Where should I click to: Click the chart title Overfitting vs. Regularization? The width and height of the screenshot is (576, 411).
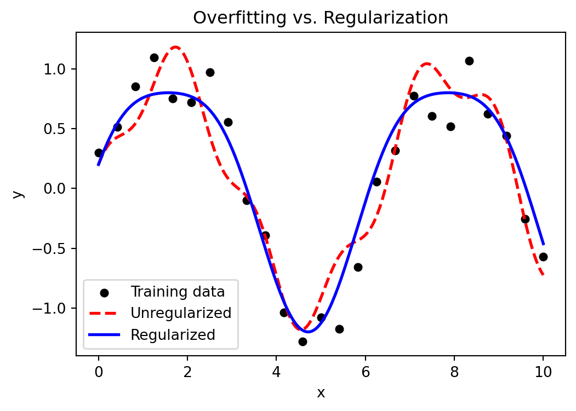tap(321, 18)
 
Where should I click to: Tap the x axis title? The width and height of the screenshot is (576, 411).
tap(321, 393)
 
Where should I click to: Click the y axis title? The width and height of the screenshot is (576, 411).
tap(18, 194)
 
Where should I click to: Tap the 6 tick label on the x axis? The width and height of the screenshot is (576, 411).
tap(365, 371)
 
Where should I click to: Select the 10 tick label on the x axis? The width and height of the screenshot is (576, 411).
tap(543, 371)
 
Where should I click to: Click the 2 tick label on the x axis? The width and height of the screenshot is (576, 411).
tap(187, 371)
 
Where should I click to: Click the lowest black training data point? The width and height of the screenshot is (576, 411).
tap(303, 341)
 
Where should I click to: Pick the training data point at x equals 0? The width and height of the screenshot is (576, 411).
tap(99, 153)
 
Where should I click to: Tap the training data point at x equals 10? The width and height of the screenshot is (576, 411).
tap(543, 257)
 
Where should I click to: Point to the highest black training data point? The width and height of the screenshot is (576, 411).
tap(154, 57)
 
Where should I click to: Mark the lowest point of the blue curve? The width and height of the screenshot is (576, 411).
tap(307, 332)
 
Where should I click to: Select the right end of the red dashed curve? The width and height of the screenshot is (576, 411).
tap(543, 275)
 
